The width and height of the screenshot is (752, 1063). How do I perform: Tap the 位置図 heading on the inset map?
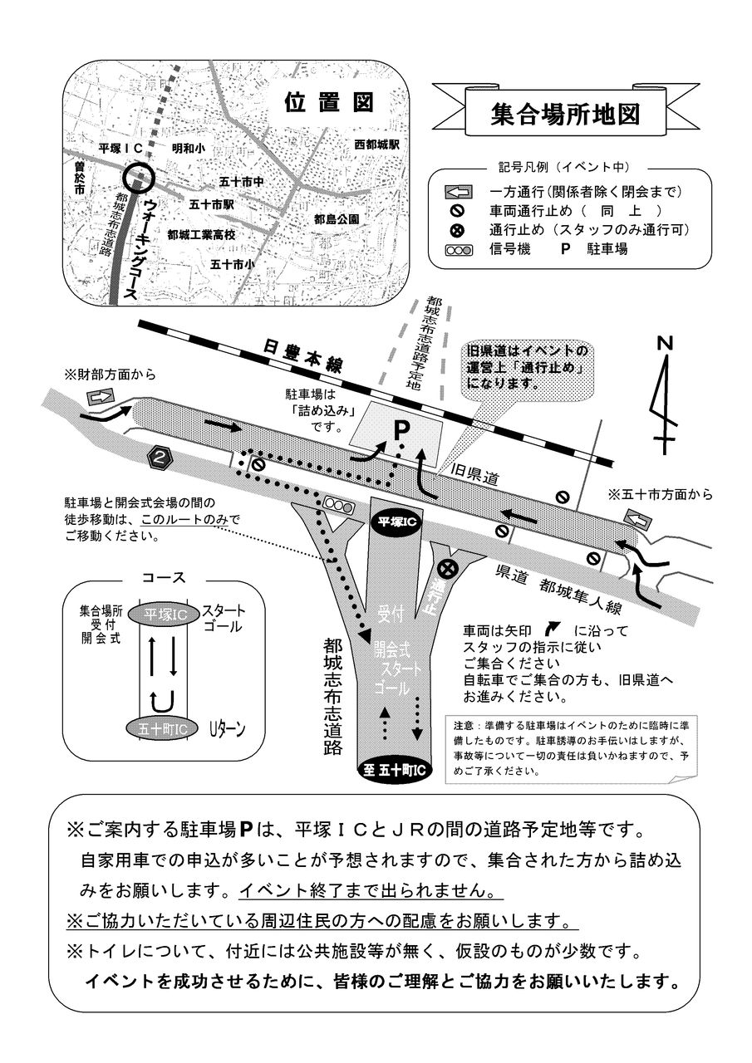[329, 102]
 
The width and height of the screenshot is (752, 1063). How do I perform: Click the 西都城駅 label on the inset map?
[377, 145]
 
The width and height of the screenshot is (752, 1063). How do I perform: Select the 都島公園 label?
[337, 219]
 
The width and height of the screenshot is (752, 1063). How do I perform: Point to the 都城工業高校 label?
[201, 235]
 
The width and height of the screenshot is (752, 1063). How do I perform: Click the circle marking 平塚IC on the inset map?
[137, 177]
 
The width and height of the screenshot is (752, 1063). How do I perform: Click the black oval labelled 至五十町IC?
[395, 770]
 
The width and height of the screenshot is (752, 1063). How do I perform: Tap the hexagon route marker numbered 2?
[161, 456]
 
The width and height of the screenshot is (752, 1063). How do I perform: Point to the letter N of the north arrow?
[665, 343]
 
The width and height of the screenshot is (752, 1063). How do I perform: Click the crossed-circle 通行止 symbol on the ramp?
[448, 569]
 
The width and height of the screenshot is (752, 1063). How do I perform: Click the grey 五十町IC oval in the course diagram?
[162, 727]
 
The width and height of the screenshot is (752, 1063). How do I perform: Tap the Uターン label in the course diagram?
[227, 728]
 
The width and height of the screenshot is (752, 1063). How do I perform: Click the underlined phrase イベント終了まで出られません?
[371, 891]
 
